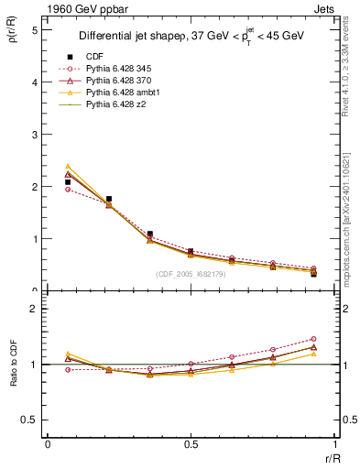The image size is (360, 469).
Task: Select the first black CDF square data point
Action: pyautogui.click(x=68, y=182)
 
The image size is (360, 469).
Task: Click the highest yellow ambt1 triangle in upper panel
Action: pyautogui.click(x=68, y=167)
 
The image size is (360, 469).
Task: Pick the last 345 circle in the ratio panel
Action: pyautogui.click(x=313, y=339)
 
